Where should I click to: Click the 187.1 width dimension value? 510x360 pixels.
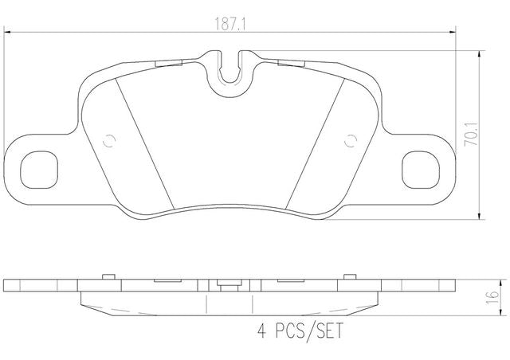(x=230, y=23)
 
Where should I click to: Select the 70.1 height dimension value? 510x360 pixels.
(x=472, y=134)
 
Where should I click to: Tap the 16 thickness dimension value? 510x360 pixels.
(x=492, y=297)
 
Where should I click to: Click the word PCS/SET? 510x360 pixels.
(x=309, y=331)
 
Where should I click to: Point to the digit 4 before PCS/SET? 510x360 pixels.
(x=262, y=331)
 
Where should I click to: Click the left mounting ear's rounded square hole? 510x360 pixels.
(x=39, y=170)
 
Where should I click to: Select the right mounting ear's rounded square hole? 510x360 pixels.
(x=421, y=170)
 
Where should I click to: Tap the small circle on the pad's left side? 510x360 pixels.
(x=109, y=141)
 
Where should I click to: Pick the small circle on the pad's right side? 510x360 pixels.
(x=351, y=141)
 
